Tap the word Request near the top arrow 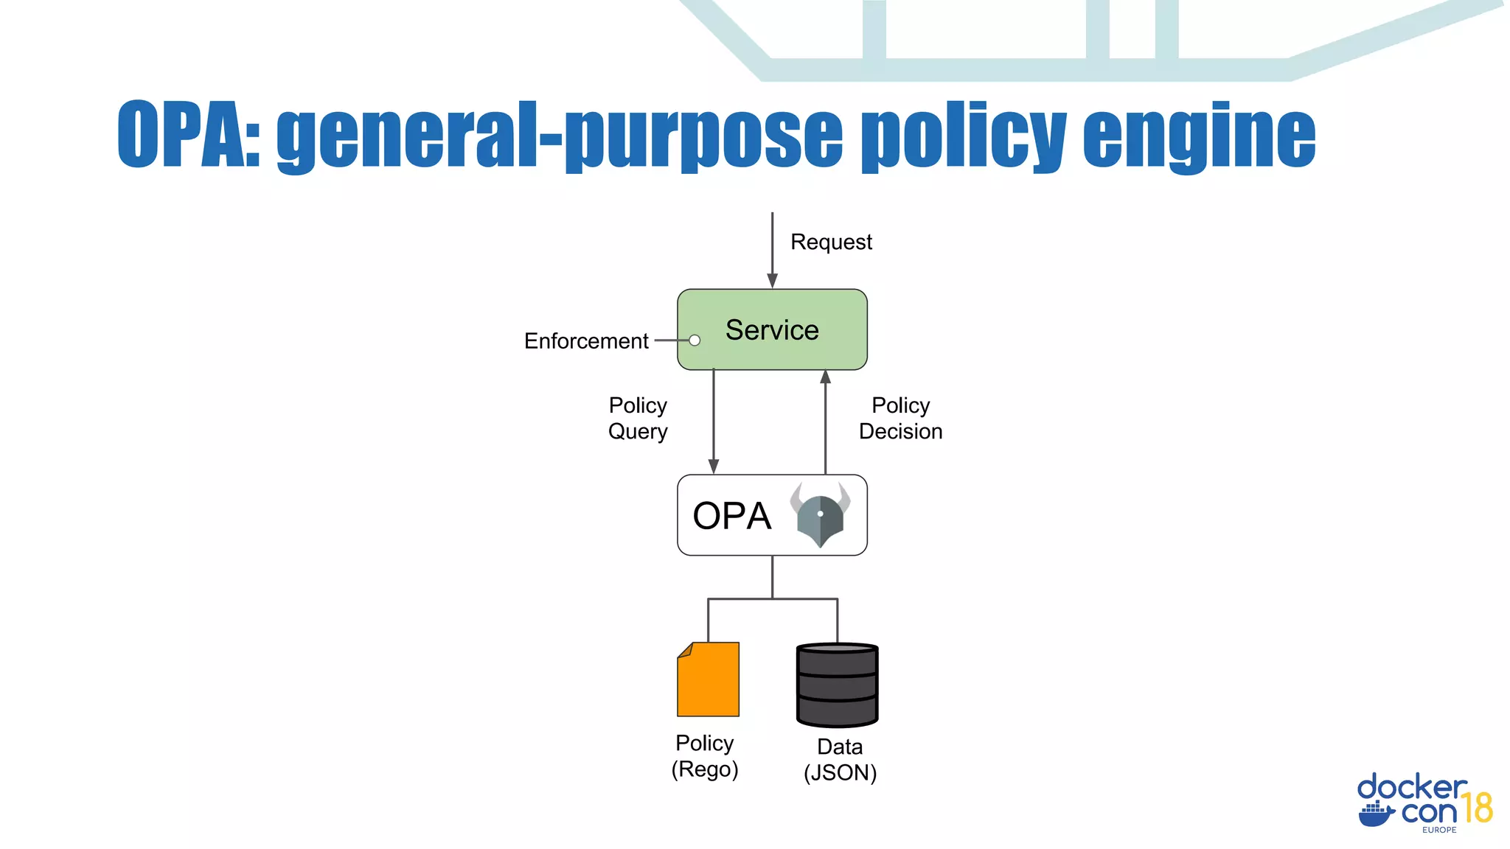[831, 242]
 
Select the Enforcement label [586, 341]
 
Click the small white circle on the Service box [695, 340]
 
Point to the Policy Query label [638, 418]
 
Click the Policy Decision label [900, 418]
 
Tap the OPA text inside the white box [731, 516]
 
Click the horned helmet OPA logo [820, 514]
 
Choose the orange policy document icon [709, 679]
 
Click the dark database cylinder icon [837, 685]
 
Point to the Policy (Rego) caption [705, 755]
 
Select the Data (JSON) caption [840, 759]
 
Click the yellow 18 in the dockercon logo [1477, 808]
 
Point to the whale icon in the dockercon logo [1376, 814]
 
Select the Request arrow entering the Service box [772, 251]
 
